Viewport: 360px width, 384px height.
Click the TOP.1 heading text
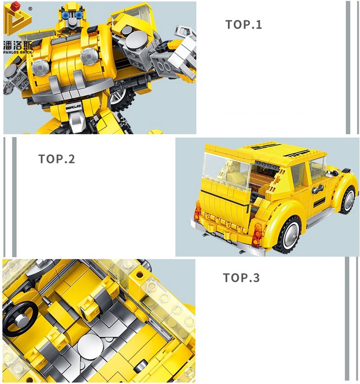(244, 25)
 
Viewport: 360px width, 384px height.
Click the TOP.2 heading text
(57, 159)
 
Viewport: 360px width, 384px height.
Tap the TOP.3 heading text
(241, 277)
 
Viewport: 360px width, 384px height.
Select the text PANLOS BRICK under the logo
(18, 52)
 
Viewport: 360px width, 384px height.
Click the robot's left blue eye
(66, 15)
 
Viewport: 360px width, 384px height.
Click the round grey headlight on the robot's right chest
(89, 56)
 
